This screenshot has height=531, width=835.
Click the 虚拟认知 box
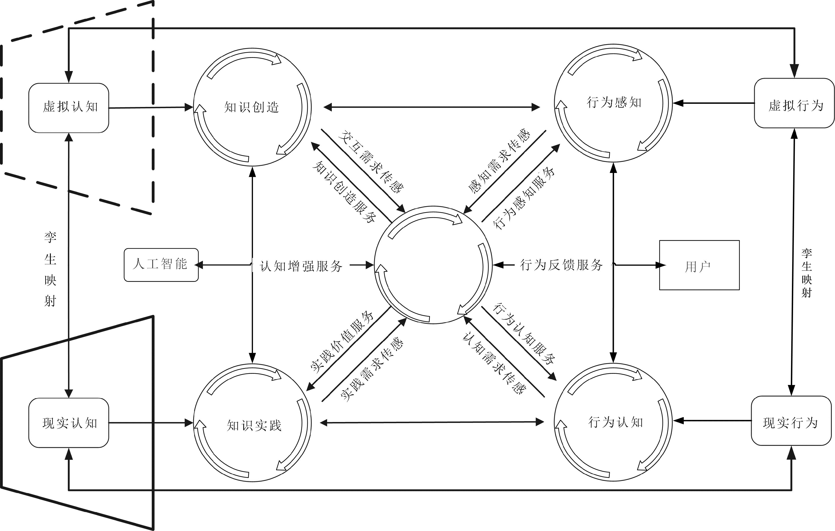click(69, 108)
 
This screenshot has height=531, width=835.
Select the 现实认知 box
click(69, 423)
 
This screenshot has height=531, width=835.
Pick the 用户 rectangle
click(699, 265)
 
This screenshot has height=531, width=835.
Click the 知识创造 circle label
click(252, 107)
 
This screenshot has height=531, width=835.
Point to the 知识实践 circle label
click(254, 425)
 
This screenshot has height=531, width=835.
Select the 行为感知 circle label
click(614, 103)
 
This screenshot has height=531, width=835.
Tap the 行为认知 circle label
click(615, 422)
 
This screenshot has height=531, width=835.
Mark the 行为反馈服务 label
click(561, 265)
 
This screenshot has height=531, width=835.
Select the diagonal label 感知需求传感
click(499, 161)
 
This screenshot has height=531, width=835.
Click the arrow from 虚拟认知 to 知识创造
click(151, 107)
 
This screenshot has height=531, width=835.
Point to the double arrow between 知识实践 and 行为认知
click(432, 422)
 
